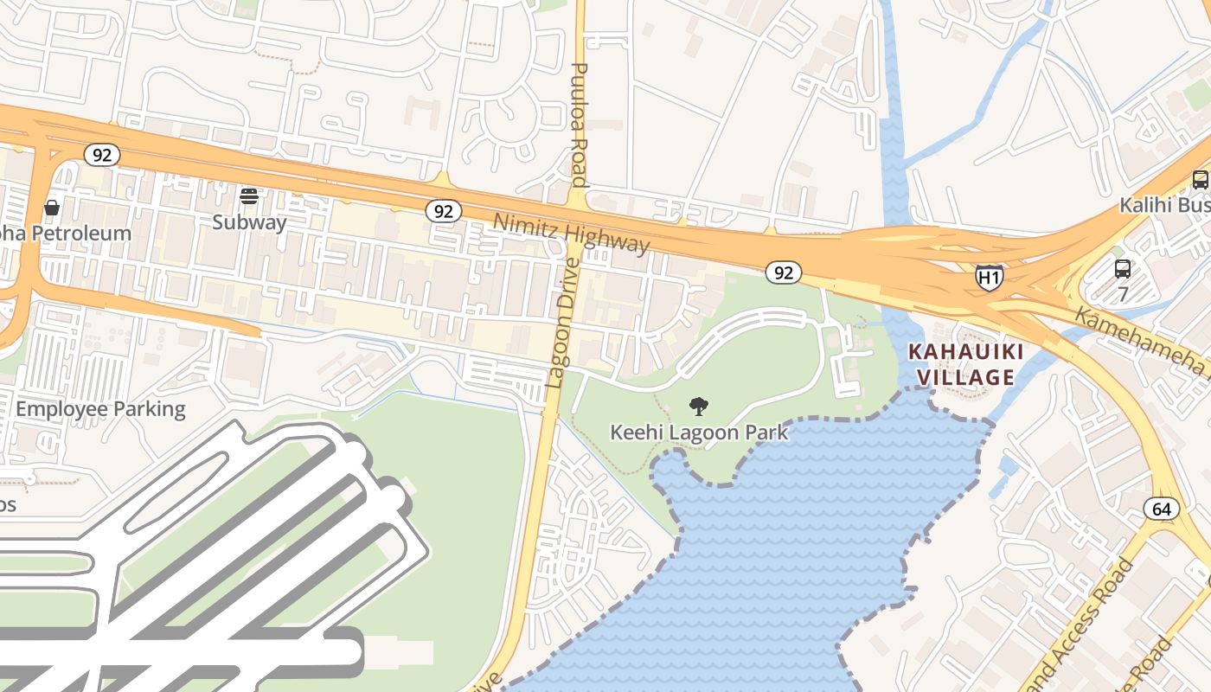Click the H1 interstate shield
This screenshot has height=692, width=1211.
pos(990,277)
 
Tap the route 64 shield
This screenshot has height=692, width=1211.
pos(1161,509)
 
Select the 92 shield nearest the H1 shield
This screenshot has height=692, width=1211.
pos(783,272)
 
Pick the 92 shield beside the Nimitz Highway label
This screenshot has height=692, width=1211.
pos(444,211)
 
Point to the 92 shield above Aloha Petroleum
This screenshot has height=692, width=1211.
pos(102,155)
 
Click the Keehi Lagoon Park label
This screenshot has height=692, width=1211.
pos(699,432)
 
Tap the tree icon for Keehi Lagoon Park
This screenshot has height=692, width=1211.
pos(698,406)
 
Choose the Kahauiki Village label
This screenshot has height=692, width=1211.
pos(965,364)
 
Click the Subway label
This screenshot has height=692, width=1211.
pos(249,222)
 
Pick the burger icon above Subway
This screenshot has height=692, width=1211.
pos(249,196)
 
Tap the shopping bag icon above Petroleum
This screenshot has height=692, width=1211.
pos(52,207)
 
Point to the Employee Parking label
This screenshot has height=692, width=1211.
pos(100,408)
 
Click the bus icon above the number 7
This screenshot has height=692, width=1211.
pos(1122,268)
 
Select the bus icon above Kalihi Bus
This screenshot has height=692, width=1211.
pos(1200,180)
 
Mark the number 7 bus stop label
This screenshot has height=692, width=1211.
pos(1123,294)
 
